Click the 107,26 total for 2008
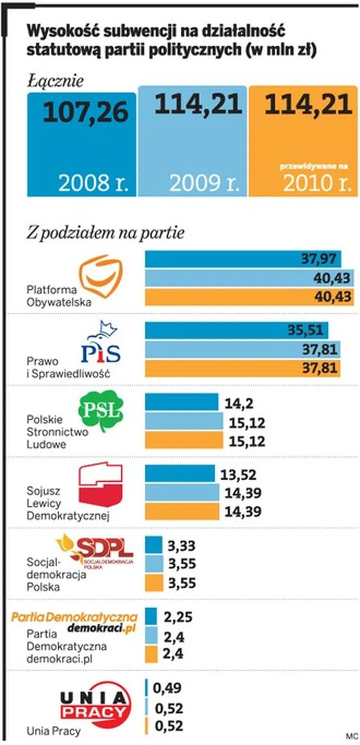tap(85, 112)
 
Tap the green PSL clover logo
tap(101, 411)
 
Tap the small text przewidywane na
tap(313, 165)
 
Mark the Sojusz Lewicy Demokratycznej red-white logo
tap(100, 484)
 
